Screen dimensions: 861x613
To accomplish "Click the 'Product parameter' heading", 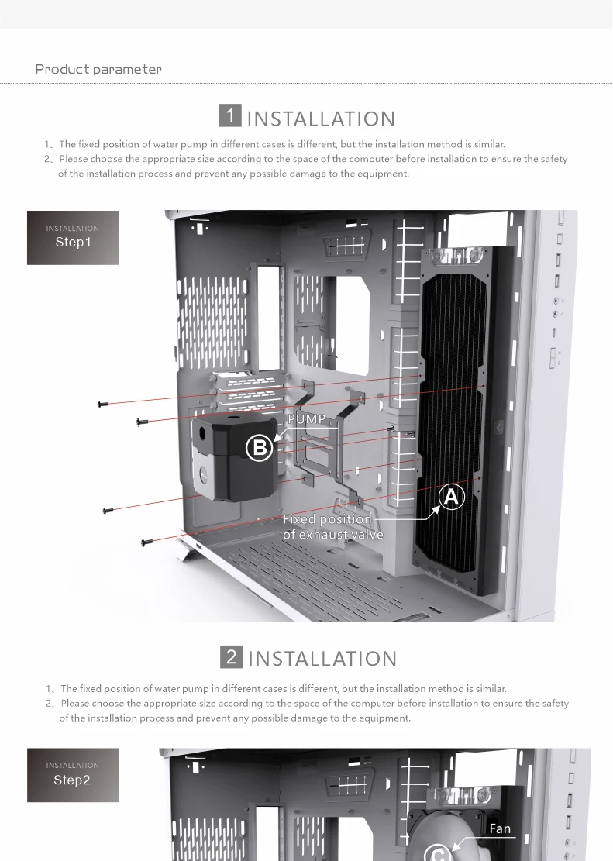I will click(98, 69).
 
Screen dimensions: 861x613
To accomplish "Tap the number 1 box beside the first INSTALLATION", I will click(230, 116).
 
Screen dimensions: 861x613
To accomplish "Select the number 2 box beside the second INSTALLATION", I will click(231, 656).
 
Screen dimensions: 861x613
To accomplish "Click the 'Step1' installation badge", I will click(73, 237).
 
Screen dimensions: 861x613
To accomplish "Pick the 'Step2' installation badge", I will click(73, 775).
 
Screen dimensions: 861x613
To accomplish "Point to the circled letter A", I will click(452, 498).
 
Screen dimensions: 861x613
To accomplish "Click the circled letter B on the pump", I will click(259, 448).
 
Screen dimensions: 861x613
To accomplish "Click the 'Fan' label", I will click(500, 828).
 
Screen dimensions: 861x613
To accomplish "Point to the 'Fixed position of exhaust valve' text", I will click(332, 527).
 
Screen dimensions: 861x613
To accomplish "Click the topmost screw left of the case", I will click(102, 404).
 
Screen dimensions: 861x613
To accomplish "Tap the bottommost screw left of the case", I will click(146, 542).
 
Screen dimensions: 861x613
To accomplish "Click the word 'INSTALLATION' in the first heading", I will click(321, 119).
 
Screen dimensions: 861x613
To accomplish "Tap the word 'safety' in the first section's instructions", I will click(551, 159).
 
